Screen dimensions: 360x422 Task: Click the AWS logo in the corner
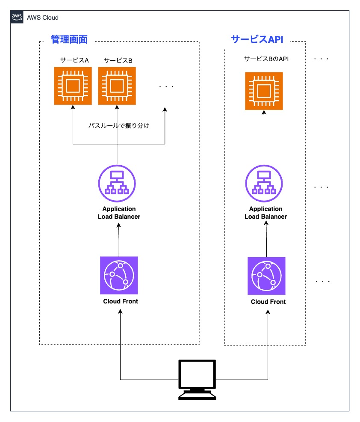click(x=17, y=17)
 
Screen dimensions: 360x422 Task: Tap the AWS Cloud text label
click(x=42, y=18)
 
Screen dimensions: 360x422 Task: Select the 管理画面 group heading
click(x=69, y=39)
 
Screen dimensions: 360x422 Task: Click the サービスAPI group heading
click(x=257, y=39)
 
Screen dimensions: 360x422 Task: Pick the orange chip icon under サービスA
click(x=73, y=86)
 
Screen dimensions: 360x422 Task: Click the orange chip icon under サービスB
click(x=117, y=86)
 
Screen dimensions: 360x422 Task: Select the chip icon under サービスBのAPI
click(x=264, y=91)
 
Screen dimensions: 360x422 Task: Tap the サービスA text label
click(x=74, y=60)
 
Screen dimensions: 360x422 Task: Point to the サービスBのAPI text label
click(x=266, y=59)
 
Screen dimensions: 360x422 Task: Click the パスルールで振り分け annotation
click(x=119, y=125)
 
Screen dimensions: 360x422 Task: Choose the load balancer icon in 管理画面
click(x=117, y=184)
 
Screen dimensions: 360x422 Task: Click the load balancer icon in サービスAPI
click(x=264, y=184)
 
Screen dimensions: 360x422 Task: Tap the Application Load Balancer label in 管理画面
click(x=119, y=213)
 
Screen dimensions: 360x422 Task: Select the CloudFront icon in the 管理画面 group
click(x=119, y=275)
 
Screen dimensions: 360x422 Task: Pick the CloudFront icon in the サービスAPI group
click(x=266, y=276)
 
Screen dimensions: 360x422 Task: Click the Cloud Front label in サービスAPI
click(x=268, y=302)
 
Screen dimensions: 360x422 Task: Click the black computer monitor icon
click(x=197, y=380)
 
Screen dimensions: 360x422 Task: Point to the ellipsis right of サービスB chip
click(x=166, y=86)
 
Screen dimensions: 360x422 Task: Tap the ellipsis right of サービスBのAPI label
click(x=321, y=59)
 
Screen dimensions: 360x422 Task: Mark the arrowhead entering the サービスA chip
click(x=73, y=107)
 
